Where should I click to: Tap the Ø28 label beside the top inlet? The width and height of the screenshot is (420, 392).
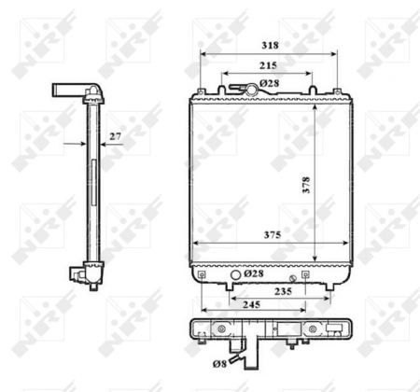271,84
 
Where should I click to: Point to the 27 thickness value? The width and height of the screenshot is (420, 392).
116,136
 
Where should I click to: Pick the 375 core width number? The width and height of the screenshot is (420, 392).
272,234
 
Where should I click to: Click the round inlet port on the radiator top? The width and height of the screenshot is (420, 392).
251,90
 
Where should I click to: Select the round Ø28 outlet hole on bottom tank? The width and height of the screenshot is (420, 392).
233,275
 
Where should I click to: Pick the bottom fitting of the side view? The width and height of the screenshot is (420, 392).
77,274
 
